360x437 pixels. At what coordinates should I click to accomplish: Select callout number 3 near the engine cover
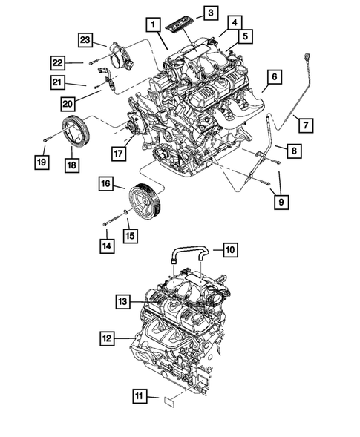pos(211,13)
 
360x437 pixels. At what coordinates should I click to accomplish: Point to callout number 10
pos(230,250)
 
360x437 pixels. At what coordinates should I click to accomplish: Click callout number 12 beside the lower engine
pos(109,338)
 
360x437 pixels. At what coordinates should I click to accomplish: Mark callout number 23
pos(86,40)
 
